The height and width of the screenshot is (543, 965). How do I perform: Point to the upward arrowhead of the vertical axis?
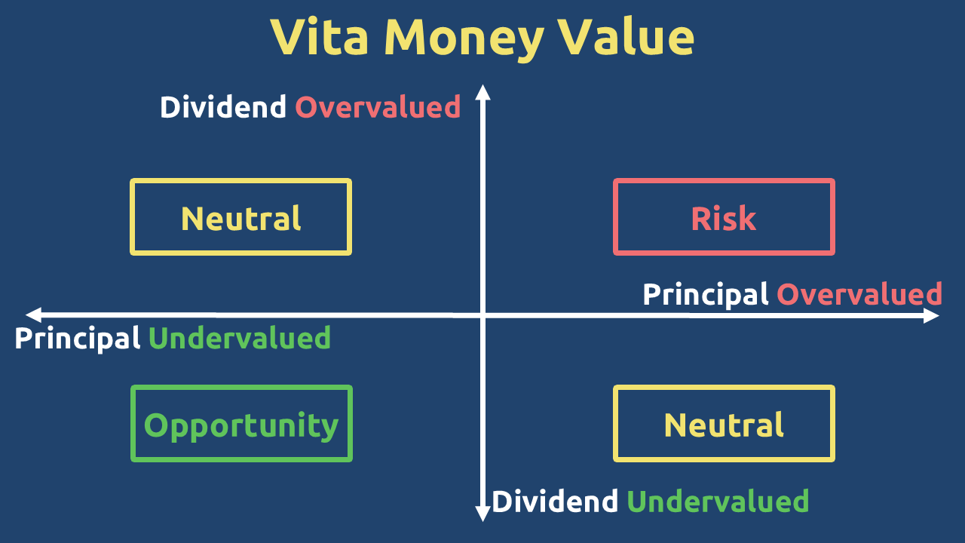[x=483, y=92]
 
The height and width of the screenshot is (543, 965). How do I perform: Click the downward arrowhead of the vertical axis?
[x=483, y=514]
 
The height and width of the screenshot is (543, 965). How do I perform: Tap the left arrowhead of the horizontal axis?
[x=34, y=314]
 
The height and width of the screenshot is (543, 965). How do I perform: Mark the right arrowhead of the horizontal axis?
[x=931, y=315]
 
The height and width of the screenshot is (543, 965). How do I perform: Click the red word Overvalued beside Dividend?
[x=378, y=107]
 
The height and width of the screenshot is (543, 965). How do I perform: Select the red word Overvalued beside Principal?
[x=859, y=294]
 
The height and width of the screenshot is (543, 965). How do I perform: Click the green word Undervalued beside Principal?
[x=240, y=338]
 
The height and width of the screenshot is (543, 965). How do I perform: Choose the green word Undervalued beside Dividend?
[x=718, y=501]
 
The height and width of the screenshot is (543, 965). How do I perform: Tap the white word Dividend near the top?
[x=222, y=106]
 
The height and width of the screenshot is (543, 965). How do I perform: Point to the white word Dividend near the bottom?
[x=554, y=501]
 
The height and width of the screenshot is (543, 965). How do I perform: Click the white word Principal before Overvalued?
[x=705, y=295]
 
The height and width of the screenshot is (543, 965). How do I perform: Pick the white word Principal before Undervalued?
[x=77, y=339]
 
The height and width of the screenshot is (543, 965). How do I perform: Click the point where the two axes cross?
[x=483, y=315]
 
